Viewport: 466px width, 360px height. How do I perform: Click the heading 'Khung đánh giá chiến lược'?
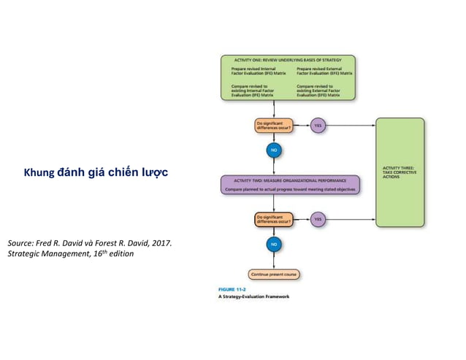click(x=96, y=173)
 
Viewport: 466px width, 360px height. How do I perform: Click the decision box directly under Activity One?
click(x=272, y=126)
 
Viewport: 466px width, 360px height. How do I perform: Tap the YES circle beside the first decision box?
click(x=318, y=126)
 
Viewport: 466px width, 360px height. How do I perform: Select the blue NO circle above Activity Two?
click(x=273, y=151)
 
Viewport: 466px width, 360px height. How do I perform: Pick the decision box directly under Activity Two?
click(x=273, y=219)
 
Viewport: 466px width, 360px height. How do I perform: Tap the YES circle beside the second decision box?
click(x=318, y=219)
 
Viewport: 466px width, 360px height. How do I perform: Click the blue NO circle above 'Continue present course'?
click(x=273, y=244)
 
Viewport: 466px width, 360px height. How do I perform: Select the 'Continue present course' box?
click(x=273, y=275)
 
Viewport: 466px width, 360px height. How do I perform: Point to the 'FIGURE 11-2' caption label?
click(x=232, y=290)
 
